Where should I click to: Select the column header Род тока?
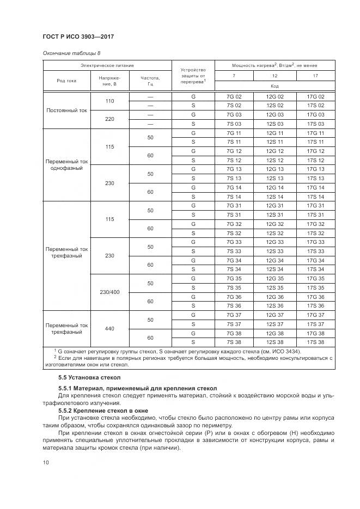(x=66, y=81)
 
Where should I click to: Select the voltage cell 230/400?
(x=109, y=292)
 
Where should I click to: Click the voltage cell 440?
(x=109, y=328)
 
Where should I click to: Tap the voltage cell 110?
(x=109, y=101)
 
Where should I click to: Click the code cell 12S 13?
(x=274, y=179)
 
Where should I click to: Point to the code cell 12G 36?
(x=274, y=297)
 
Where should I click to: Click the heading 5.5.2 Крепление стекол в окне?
(x=100, y=410)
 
